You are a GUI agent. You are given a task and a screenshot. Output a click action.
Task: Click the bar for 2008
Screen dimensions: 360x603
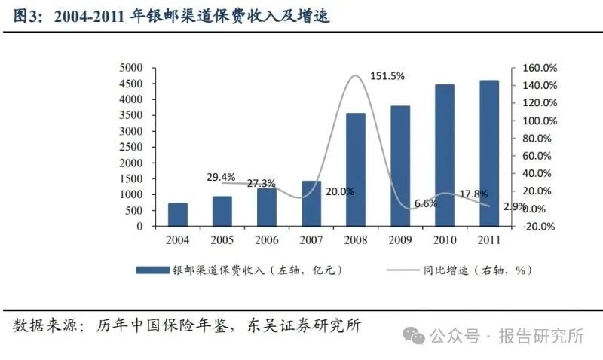pos(355,169)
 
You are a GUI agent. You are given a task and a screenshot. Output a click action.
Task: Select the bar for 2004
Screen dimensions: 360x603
pos(177,214)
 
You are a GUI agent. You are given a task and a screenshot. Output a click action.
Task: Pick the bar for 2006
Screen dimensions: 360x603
pos(266,206)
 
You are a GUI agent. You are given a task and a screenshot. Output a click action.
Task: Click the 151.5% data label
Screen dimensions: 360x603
pos(387,75)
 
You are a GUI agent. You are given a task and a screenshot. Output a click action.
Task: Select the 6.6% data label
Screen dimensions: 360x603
pos(425,204)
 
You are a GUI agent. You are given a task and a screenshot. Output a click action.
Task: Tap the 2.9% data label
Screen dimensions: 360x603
pos(515,206)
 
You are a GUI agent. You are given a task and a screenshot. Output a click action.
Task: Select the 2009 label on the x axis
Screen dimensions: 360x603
pos(399,240)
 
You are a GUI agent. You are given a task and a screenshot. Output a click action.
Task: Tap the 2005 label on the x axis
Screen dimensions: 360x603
pos(222,240)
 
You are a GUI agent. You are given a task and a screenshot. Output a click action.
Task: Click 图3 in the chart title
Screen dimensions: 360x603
pos(29,15)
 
